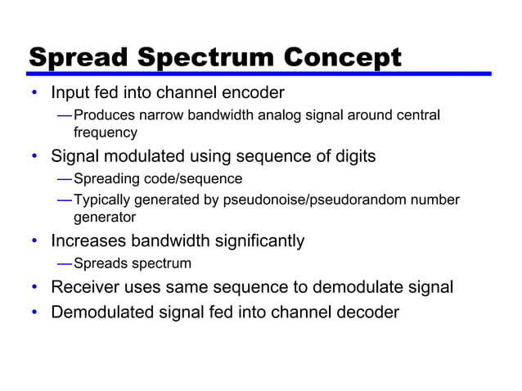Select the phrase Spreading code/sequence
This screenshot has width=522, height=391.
[158, 178]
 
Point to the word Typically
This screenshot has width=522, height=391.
[101, 200]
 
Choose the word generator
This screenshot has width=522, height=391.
[105, 218]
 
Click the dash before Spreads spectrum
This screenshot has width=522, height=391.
[64, 263]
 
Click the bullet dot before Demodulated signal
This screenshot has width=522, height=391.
[34, 312]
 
